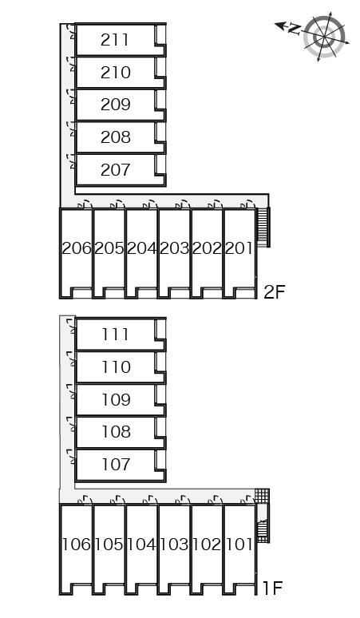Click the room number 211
[x=115, y=40]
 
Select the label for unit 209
[x=116, y=105]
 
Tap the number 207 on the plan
[x=116, y=170]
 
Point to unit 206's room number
[x=77, y=248]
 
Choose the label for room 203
[x=175, y=248]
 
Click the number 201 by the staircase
[x=239, y=248]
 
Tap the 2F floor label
[x=274, y=292]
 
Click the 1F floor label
[x=272, y=588]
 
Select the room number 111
[x=115, y=335]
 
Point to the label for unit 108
[x=116, y=432]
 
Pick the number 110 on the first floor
[x=116, y=367]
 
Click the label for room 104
[x=142, y=545]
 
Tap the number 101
[x=239, y=545]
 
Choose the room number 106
[x=77, y=545]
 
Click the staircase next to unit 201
[x=263, y=228]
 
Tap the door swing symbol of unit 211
[x=71, y=31]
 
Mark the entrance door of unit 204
[x=150, y=204]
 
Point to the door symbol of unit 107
[x=71, y=457]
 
